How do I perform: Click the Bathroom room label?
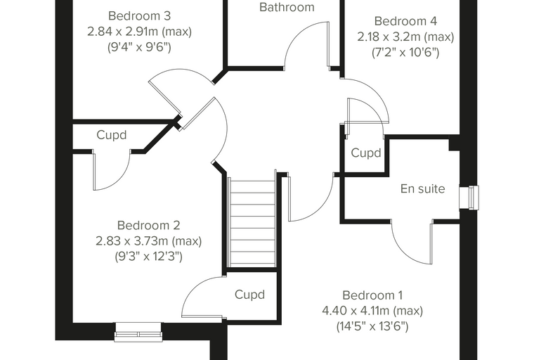[287, 7]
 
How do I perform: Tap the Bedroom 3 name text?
[139, 15]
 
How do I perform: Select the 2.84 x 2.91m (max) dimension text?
[139, 32]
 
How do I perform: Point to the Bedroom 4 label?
[405, 21]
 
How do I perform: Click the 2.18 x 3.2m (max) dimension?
[405, 37]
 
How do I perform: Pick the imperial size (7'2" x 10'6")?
[405, 52]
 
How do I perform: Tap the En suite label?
[423, 188]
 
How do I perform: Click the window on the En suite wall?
[469, 198]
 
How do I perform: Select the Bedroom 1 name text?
[372, 295]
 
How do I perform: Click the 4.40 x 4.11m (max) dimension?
[372, 311]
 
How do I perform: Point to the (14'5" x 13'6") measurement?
[372, 326]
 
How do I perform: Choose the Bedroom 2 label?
[148, 225]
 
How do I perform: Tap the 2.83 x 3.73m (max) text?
[148, 240]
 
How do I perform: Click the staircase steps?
[252, 222]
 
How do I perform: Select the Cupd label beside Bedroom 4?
[366, 153]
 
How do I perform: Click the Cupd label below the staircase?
[249, 295]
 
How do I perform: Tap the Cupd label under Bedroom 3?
[111, 135]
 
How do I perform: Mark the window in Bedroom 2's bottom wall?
[138, 332]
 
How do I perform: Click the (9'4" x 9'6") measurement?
[139, 47]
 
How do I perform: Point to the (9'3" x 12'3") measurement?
[148, 257]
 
